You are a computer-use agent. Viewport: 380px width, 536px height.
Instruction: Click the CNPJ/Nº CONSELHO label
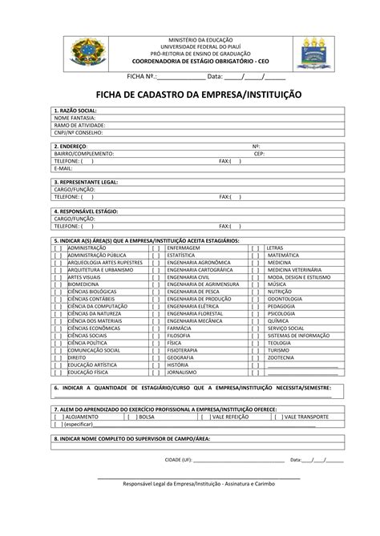[79, 132]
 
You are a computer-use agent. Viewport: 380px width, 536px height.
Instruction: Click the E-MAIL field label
[63, 168]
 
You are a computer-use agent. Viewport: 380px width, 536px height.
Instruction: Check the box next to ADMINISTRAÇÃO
[59, 248]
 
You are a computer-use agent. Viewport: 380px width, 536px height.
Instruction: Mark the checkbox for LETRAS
[255, 248]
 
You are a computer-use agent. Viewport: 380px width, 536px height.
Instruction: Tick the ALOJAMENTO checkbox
[58, 417]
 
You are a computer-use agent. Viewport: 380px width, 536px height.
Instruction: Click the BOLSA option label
[148, 417]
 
